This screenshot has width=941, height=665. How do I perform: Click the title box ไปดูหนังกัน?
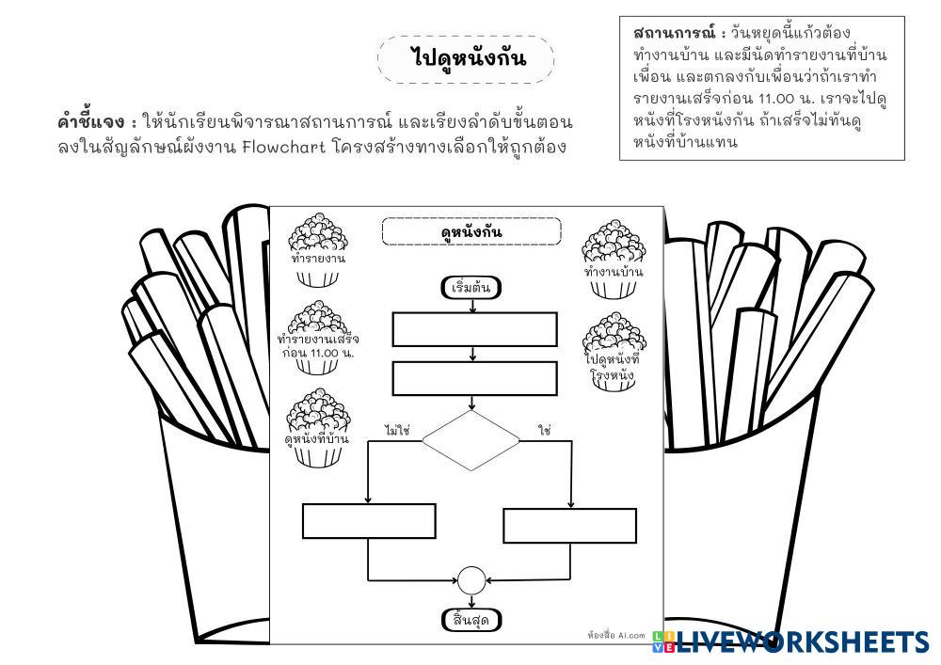pyautogui.click(x=466, y=59)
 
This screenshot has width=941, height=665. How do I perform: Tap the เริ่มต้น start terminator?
pyautogui.click(x=471, y=288)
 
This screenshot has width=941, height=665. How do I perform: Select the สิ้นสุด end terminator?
pyautogui.click(x=471, y=620)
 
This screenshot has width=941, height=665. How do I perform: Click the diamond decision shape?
pyautogui.click(x=470, y=439)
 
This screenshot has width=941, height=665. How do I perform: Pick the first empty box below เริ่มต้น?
pyautogui.click(x=474, y=329)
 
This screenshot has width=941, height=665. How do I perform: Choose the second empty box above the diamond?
pyautogui.click(x=474, y=378)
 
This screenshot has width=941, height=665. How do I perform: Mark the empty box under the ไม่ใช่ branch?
pyautogui.click(x=369, y=521)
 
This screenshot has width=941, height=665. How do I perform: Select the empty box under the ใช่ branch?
pyautogui.click(x=570, y=526)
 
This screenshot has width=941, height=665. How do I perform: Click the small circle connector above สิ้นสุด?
pyautogui.click(x=470, y=581)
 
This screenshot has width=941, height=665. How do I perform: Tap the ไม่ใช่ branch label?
pyautogui.click(x=397, y=430)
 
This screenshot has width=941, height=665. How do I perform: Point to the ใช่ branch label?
pyautogui.click(x=544, y=430)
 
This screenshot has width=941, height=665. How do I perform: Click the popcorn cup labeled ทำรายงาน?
pyautogui.click(x=318, y=250)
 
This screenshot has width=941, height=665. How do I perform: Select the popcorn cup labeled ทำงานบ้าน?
pyautogui.click(x=614, y=261)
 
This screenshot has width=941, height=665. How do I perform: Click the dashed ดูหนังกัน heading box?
pyautogui.click(x=471, y=231)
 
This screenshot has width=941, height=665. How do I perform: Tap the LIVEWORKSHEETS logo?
pyautogui.click(x=795, y=642)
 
